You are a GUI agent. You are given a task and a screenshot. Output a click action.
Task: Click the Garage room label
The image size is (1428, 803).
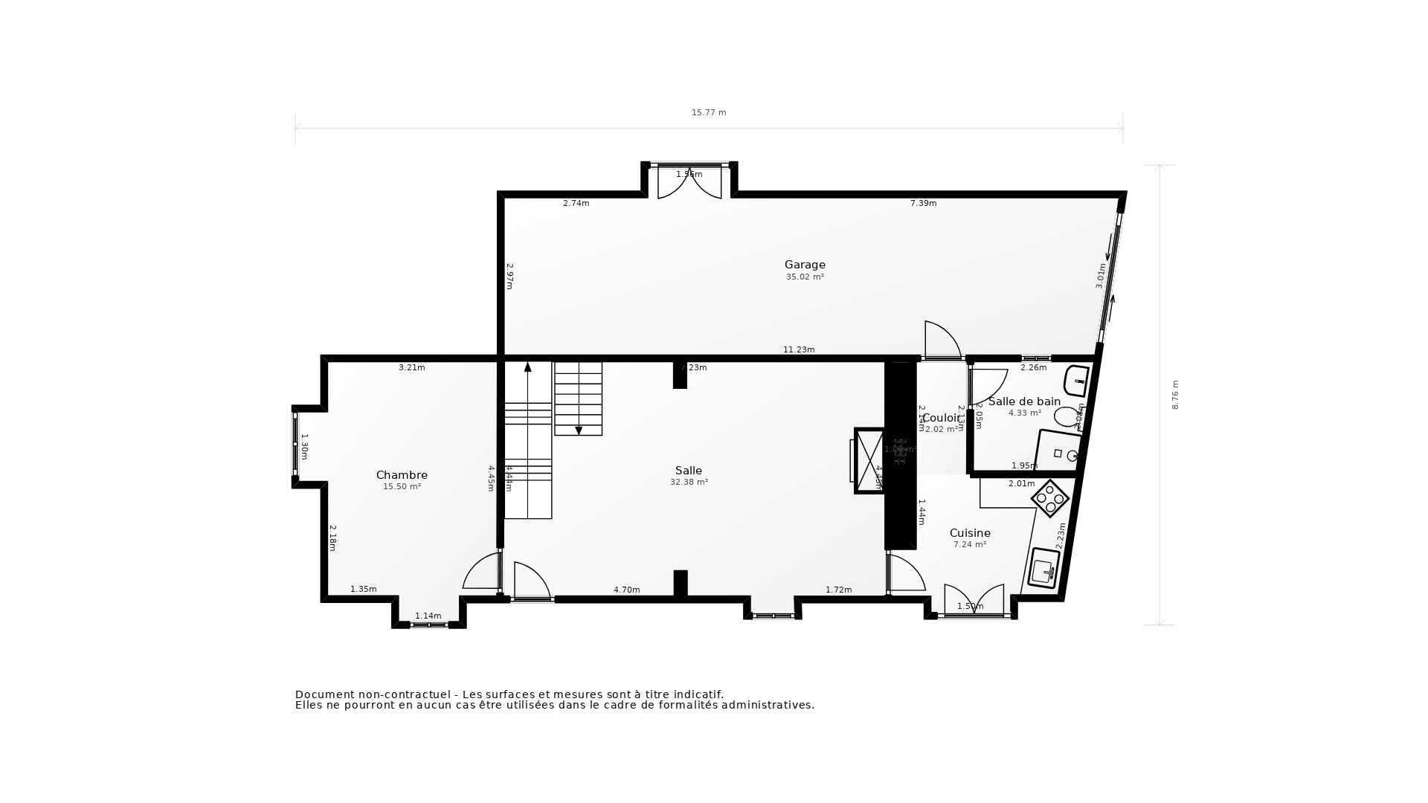(805, 265)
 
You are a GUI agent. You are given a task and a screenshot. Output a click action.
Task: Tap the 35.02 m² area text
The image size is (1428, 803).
(805, 277)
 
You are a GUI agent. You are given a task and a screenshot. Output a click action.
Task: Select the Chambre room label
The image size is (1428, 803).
(402, 475)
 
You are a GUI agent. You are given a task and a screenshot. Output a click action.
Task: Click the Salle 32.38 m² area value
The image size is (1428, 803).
(689, 483)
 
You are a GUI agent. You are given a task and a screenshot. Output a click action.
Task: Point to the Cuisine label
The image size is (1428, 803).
(970, 533)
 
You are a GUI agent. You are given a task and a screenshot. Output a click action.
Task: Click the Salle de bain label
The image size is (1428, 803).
(1024, 401)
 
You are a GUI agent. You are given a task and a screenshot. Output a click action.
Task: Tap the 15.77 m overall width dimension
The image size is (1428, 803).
(709, 113)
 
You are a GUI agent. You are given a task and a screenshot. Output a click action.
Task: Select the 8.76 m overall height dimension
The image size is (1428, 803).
(1176, 395)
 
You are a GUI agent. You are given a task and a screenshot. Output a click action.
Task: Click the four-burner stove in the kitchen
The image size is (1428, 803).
(1051, 498)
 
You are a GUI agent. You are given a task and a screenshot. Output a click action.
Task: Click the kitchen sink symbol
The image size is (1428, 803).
(1044, 569)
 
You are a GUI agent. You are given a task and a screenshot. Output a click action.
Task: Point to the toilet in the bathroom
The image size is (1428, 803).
(1068, 416)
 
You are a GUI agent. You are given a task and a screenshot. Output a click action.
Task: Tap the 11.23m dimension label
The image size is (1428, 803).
(799, 350)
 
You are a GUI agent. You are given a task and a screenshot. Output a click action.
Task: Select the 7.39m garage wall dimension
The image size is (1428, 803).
(923, 204)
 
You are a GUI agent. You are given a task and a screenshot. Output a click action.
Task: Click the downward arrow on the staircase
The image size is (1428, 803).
(579, 430)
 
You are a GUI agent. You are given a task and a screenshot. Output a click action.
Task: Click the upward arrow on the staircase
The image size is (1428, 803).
(528, 367)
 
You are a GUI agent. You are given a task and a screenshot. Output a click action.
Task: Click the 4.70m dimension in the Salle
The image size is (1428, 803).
(626, 590)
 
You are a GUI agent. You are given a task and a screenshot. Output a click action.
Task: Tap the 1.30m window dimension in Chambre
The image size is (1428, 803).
(304, 446)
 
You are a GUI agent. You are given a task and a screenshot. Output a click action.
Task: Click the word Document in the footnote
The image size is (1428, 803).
(325, 694)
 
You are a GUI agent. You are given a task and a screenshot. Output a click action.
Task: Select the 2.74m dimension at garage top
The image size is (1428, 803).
(576, 204)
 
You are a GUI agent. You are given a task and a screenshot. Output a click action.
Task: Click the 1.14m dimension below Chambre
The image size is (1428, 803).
(428, 616)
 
